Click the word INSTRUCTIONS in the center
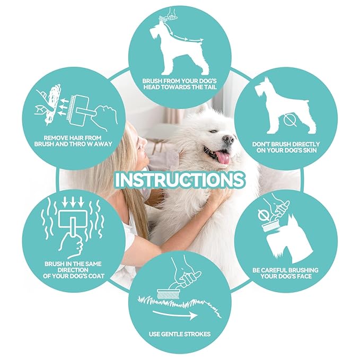point(180,179)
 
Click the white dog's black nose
point(229,139)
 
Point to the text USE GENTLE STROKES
point(179,335)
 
